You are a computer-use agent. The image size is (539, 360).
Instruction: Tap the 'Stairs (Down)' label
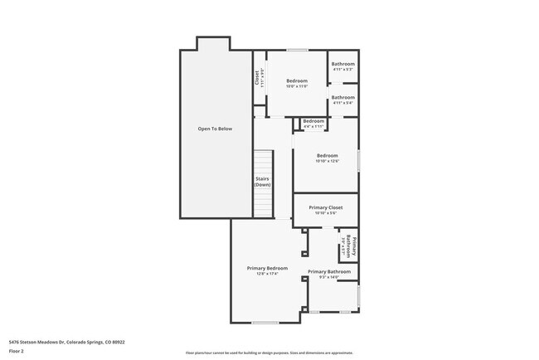click(262, 181)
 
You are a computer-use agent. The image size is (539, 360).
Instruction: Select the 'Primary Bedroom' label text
click(267, 268)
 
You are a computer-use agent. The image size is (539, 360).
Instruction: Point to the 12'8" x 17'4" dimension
click(267, 275)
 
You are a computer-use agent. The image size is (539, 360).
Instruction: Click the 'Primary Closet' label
click(325, 207)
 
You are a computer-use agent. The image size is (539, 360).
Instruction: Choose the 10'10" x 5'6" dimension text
click(325, 213)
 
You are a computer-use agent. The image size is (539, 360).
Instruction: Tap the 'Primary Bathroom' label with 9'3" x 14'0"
click(329, 271)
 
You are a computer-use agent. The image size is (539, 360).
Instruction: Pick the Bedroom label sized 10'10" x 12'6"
click(327, 155)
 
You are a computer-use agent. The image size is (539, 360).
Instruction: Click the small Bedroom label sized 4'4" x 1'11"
click(313, 122)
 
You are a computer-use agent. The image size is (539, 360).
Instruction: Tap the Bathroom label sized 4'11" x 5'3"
click(342, 65)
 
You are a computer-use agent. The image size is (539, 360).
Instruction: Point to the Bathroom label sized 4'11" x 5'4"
click(342, 98)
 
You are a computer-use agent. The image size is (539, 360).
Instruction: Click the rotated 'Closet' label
click(259, 77)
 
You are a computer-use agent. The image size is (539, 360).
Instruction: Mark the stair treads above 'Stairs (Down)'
click(262, 162)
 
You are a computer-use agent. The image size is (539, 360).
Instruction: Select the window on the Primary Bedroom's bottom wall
click(265, 323)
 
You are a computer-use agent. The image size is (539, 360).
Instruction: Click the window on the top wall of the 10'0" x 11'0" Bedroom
click(297, 51)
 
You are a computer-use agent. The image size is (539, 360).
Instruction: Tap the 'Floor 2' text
click(17, 350)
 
